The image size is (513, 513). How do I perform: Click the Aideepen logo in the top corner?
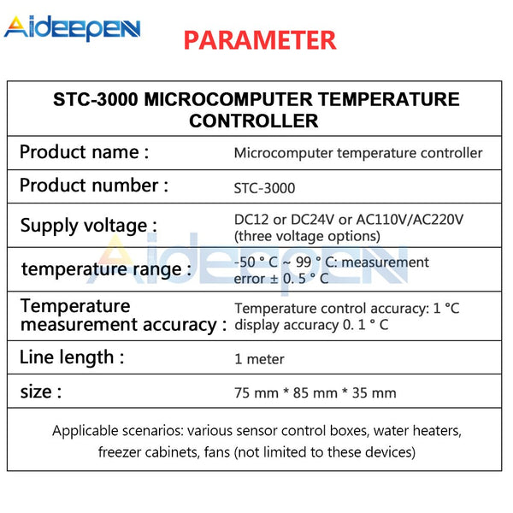pos(73,28)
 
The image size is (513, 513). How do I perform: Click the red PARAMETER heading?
pos(260,40)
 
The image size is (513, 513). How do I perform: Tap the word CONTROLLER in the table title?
pos(254,121)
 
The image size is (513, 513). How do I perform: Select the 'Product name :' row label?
pos(85,152)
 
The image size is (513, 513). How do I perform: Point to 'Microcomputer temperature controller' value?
pos(358,153)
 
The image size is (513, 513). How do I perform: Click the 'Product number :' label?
pos(94,186)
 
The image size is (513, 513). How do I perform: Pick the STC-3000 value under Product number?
pos(264,188)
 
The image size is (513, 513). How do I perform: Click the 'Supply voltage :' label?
pos(89,226)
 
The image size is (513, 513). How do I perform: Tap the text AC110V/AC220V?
pos(410,220)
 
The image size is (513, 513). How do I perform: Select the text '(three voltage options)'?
pos(307,236)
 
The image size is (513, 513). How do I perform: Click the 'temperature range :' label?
pos(106,269)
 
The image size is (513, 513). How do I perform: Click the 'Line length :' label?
pos(72,357)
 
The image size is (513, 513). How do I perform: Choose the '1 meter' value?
pos(259,359)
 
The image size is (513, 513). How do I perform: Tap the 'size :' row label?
pos(41,392)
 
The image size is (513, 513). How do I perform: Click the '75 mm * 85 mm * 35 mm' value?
pos(315,393)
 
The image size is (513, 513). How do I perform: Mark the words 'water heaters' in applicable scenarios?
pos(417,431)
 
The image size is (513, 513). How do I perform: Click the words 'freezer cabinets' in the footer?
pos(149,452)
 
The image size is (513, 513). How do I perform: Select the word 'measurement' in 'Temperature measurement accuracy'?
pos(79,325)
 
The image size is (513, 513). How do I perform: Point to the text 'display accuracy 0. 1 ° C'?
pos(311,325)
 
